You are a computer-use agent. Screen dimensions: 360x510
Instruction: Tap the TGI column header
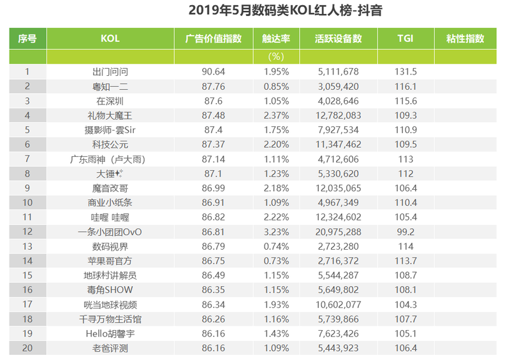click(x=405, y=39)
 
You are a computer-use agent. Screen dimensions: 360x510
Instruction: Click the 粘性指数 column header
click(x=465, y=39)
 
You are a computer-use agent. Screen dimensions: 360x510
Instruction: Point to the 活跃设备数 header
click(x=338, y=39)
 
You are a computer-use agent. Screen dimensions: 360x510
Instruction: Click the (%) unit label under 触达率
click(x=276, y=57)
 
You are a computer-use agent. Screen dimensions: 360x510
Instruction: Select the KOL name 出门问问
click(x=110, y=72)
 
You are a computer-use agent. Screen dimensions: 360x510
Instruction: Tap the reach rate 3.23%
click(x=277, y=232)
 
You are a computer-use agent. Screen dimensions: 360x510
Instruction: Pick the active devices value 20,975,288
click(x=338, y=232)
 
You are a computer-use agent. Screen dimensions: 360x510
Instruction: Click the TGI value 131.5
click(x=405, y=72)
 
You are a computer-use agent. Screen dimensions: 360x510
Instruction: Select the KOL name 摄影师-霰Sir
click(x=110, y=130)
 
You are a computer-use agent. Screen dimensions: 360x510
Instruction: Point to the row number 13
click(x=27, y=246)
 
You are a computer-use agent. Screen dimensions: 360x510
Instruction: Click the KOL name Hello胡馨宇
click(x=110, y=333)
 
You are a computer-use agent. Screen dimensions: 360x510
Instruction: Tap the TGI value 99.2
click(x=405, y=232)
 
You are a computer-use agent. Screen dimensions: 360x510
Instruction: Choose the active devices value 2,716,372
click(x=338, y=261)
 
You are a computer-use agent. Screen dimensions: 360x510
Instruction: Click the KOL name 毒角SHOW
click(x=110, y=290)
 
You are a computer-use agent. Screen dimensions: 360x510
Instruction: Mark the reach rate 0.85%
click(x=277, y=86)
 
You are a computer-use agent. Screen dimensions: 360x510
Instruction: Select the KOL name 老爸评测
click(x=110, y=348)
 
